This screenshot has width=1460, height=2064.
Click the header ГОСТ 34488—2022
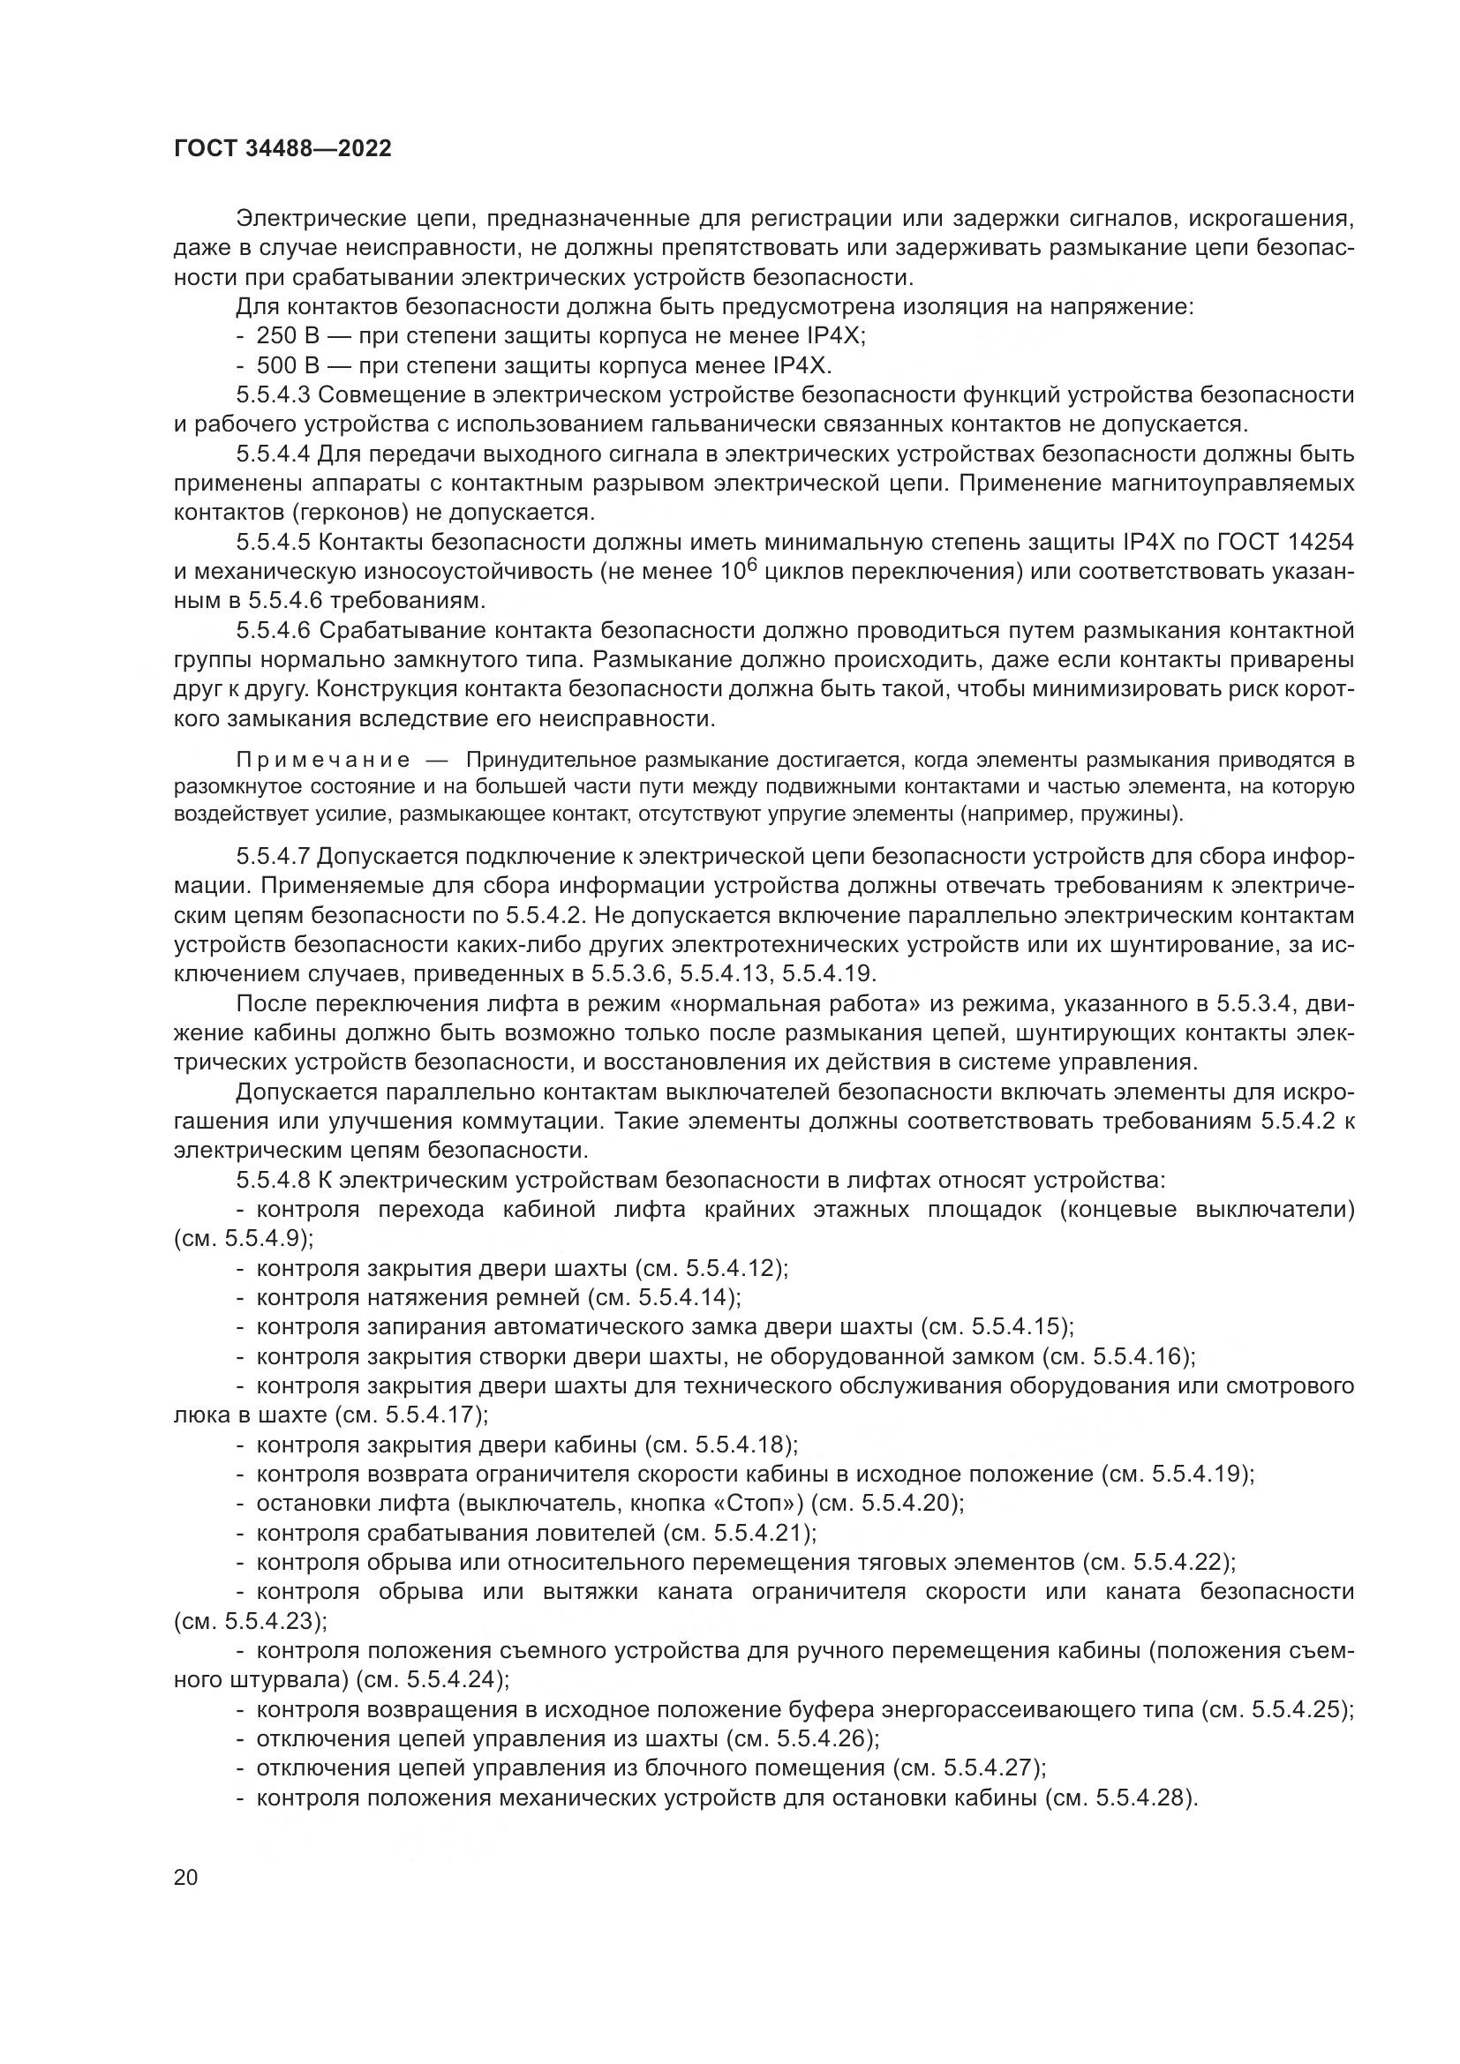[282, 149]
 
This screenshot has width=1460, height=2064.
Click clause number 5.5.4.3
[274, 395]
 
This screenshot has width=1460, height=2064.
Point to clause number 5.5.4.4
[274, 454]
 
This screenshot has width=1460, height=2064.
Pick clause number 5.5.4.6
[274, 631]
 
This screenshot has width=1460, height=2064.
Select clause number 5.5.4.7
[274, 856]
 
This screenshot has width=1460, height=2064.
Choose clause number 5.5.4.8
[274, 1180]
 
